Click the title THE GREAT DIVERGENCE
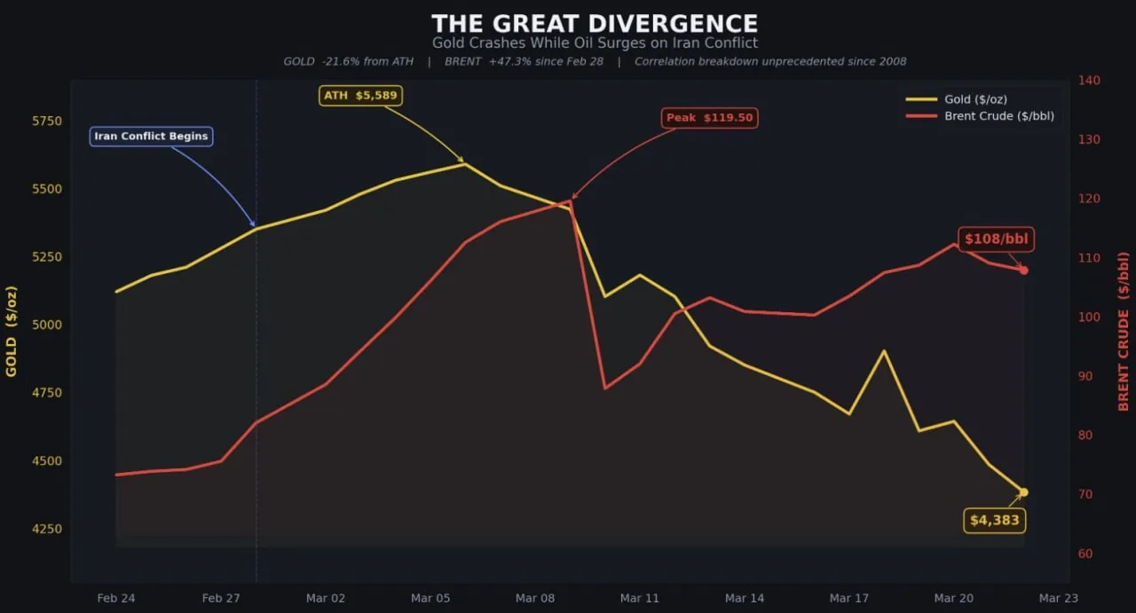click(595, 23)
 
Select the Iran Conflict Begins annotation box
click(151, 137)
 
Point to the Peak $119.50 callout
click(710, 118)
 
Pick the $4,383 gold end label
click(994, 521)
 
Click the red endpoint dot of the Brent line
click(1023, 270)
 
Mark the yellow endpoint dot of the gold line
click(1023, 492)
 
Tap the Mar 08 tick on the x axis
click(535, 599)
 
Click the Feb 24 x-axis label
click(116, 599)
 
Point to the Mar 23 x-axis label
click(1058, 599)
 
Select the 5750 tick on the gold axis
click(46, 121)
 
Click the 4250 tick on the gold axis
click(46, 530)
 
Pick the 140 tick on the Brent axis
click(1089, 81)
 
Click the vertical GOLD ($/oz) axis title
click(12, 331)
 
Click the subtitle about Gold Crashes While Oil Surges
click(595, 43)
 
